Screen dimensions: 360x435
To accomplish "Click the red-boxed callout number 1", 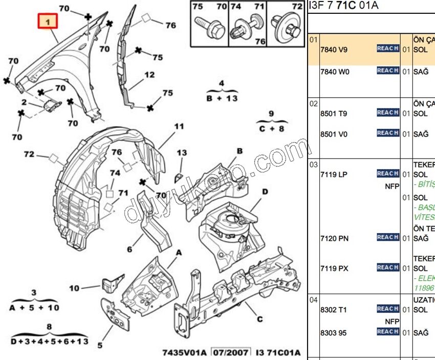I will point(48,22).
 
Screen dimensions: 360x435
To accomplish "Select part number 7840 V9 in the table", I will point(333,51).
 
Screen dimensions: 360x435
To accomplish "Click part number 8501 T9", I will point(334,114).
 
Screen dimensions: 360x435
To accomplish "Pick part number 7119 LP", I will point(333,175).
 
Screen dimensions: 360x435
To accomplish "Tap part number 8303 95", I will point(333,333).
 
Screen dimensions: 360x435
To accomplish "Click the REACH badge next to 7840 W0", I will point(388,71).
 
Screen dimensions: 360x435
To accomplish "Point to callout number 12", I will point(149,75).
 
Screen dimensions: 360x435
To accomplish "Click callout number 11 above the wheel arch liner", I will point(178,126).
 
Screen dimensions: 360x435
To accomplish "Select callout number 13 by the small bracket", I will point(182,153).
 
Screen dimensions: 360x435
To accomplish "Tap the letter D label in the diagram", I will point(265,192).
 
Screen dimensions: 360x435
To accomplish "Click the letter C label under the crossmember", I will point(260,320).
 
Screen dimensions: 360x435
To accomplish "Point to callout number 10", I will point(74,288).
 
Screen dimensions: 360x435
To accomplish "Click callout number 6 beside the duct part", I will point(129,250).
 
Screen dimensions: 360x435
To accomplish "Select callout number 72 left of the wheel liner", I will point(29,153).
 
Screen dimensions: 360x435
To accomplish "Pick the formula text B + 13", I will point(222,98).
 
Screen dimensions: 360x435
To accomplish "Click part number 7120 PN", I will point(334,238).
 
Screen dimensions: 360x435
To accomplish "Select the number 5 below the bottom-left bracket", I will point(100,345).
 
